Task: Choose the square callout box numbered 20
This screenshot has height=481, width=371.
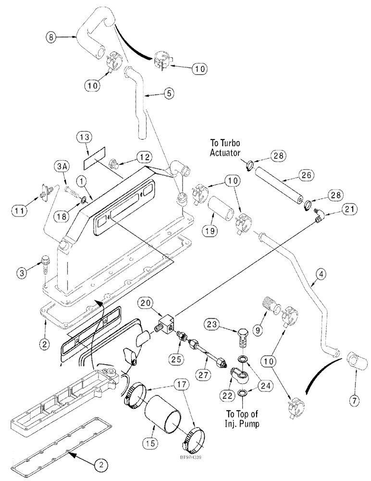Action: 147,303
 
